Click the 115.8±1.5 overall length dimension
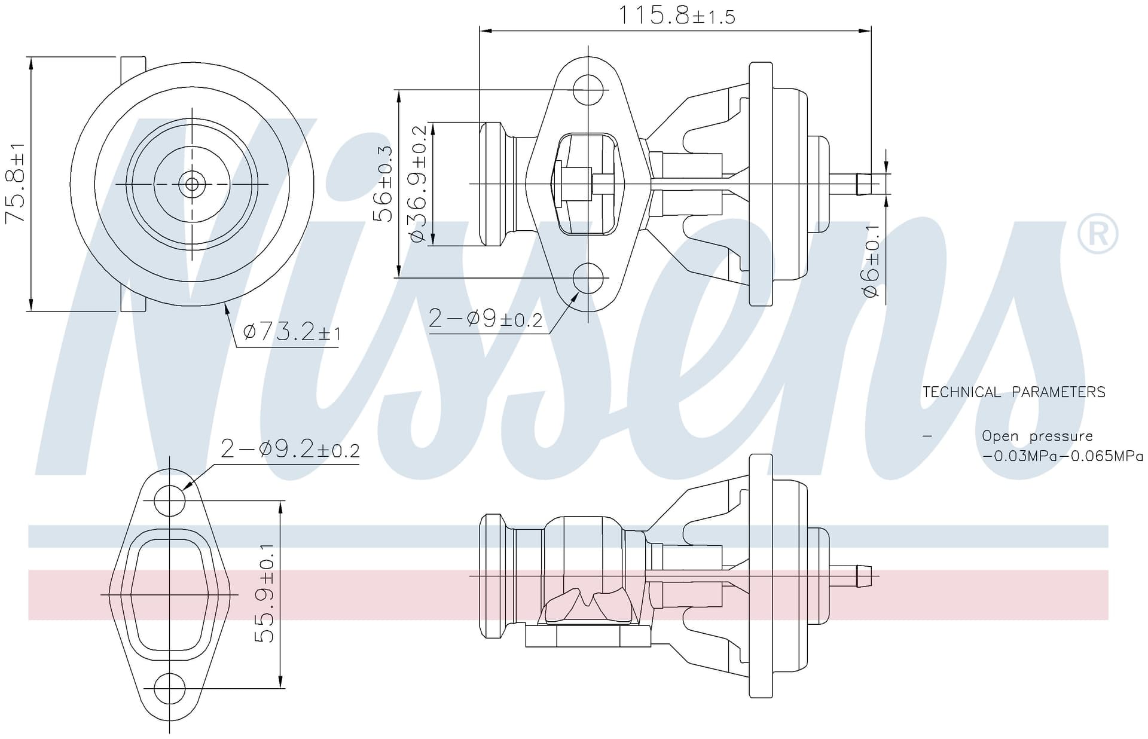click(676, 16)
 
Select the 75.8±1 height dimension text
click(16, 183)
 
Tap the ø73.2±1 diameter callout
click(292, 331)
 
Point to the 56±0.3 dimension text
click(383, 184)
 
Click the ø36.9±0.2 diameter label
click(418, 184)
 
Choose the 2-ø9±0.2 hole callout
click(486, 319)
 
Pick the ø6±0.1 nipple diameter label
click(871, 261)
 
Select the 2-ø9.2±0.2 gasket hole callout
click(290, 448)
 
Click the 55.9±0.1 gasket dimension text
click(264, 593)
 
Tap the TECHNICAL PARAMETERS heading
click(1014, 392)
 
